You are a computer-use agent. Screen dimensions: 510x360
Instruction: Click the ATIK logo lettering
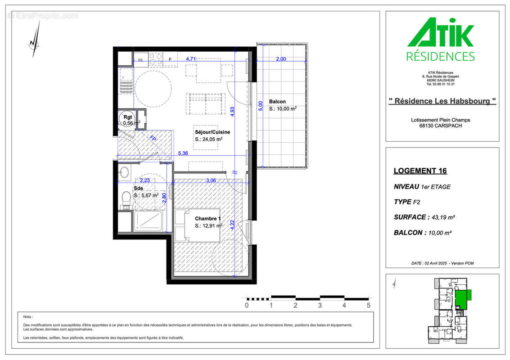pyautogui.click(x=440, y=32)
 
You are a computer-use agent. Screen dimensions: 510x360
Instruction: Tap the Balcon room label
pyautogui.click(x=277, y=101)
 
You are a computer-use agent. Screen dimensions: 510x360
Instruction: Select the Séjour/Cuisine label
pyautogui.click(x=212, y=132)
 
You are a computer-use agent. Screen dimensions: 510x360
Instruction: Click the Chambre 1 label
pyautogui.click(x=208, y=219)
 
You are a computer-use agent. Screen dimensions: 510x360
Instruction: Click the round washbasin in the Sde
pyautogui.click(x=124, y=172)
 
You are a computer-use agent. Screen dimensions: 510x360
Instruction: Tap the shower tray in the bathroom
pyautogui.click(x=148, y=221)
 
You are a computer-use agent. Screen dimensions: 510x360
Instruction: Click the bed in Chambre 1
pyautogui.click(x=198, y=225)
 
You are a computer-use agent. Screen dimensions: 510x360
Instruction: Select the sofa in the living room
pyautogui.click(x=206, y=104)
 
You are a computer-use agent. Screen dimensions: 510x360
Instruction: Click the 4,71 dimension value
pyautogui.click(x=191, y=59)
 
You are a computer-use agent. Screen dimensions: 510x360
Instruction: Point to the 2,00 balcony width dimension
pyautogui.click(x=281, y=59)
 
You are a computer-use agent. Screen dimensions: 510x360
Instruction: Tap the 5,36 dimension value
pyautogui.click(x=183, y=153)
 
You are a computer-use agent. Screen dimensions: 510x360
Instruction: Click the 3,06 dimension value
pyautogui.click(x=211, y=180)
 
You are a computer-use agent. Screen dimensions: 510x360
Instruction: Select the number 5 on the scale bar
pyautogui.click(x=369, y=306)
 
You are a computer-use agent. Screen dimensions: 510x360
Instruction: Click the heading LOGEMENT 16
pyautogui.click(x=420, y=171)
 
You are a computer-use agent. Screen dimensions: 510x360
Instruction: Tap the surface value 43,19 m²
pyautogui.click(x=443, y=217)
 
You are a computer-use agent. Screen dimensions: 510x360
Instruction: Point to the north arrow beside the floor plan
pyautogui.click(x=35, y=40)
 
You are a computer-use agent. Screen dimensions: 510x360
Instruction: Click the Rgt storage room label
pyautogui.click(x=128, y=117)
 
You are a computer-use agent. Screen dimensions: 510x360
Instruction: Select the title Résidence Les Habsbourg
pyautogui.click(x=442, y=101)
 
